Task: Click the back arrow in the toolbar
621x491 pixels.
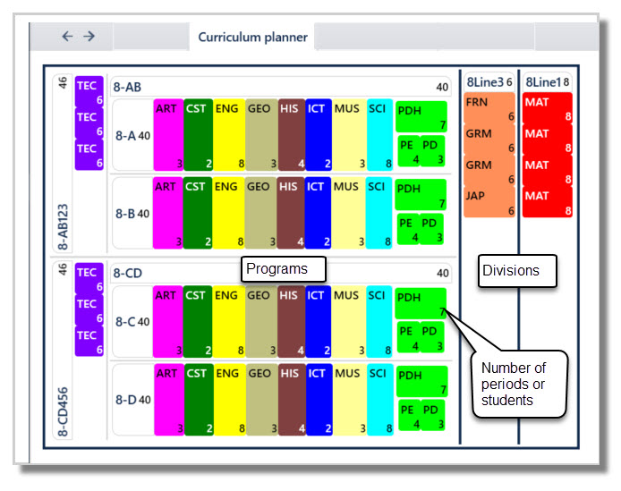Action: click(x=67, y=36)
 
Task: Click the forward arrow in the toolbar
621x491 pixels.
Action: click(x=89, y=36)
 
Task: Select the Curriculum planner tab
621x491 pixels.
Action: click(x=252, y=37)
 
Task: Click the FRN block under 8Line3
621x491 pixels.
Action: click(x=489, y=108)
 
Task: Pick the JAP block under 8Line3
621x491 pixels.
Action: click(x=489, y=201)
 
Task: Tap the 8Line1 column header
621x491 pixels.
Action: click(x=547, y=82)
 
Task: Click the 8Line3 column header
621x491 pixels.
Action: click(x=489, y=82)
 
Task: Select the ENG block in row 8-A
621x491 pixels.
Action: click(x=227, y=135)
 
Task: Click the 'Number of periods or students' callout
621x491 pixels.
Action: click(x=519, y=384)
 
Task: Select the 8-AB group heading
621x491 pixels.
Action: click(x=129, y=87)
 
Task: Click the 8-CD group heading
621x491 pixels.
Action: click(x=129, y=273)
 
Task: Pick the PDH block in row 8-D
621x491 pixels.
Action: click(x=421, y=381)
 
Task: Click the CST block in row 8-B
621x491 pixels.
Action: click(x=197, y=212)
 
